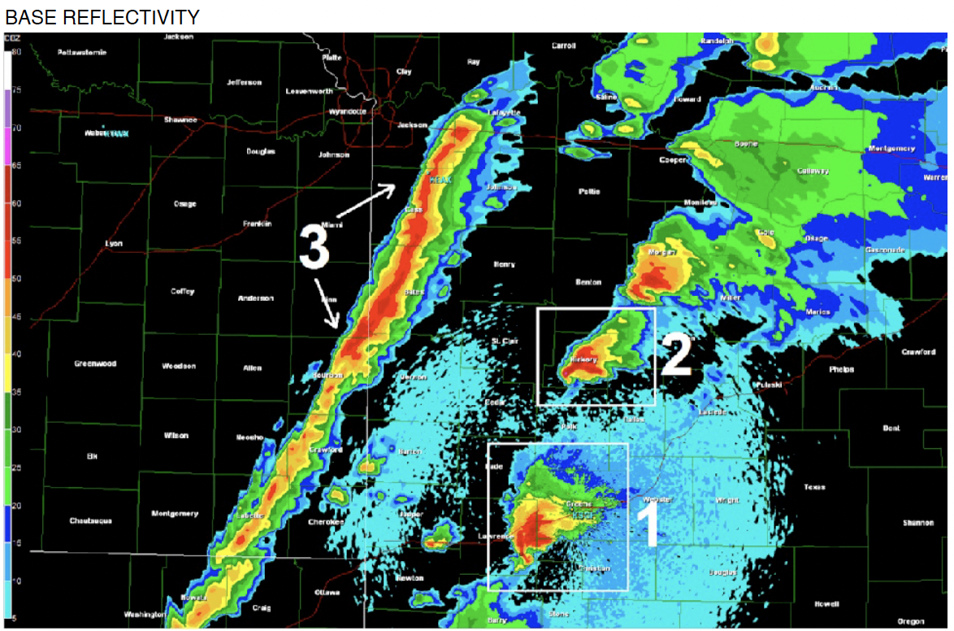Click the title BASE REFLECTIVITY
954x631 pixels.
pos(102,16)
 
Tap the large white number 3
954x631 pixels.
pos(314,246)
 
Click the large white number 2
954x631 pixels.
pos(675,355)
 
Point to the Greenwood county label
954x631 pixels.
pos(95,363)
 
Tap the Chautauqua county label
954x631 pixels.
pos(89,520)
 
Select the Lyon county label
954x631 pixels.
pos(114,243)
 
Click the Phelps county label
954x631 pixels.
pos(842,369)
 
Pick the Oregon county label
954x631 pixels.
pos(912,621)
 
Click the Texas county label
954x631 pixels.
pos(814,487)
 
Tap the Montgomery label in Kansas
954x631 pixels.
pos(175,514)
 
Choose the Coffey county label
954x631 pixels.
pos(183,291)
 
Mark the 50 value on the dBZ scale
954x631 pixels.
pos(16,278)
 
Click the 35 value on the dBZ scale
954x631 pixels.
pos(16,391)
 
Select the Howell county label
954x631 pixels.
pos(827,603)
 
